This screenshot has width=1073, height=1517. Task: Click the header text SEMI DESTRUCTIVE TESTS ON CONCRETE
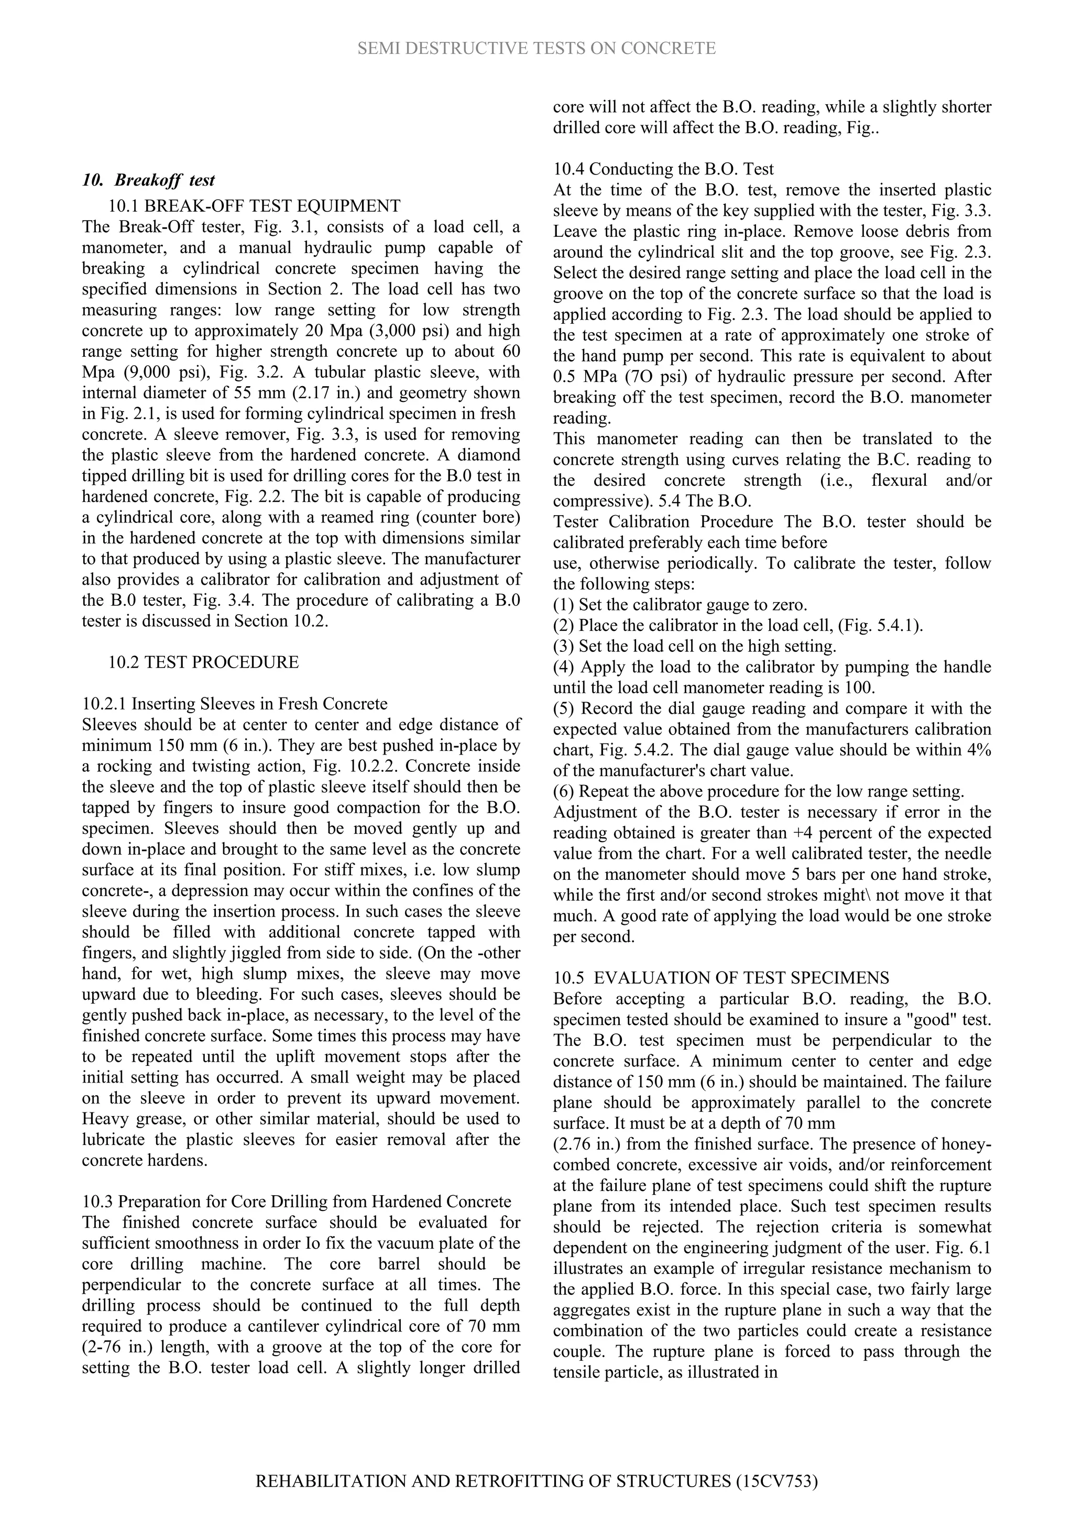(536, 48)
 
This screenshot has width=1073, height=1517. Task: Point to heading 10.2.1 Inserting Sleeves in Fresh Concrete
(235, 704)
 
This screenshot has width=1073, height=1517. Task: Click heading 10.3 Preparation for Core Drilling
(297, 1201)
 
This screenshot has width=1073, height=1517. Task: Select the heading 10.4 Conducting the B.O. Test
(663, 169)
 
